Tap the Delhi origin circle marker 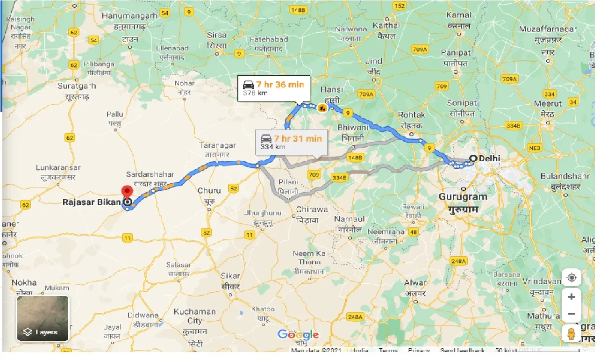[473, 158]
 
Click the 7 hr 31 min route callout [292, 142]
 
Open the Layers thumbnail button [43, 318]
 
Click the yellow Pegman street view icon [571, 334]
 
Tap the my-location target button [571, 278]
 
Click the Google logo [298, 334]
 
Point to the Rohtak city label [412, 115]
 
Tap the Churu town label [209, 191]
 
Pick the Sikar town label [230, 276]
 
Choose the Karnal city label [458, 15]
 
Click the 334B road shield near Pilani [340, 177]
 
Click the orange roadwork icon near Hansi [322, 108]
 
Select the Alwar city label [415, 283]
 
